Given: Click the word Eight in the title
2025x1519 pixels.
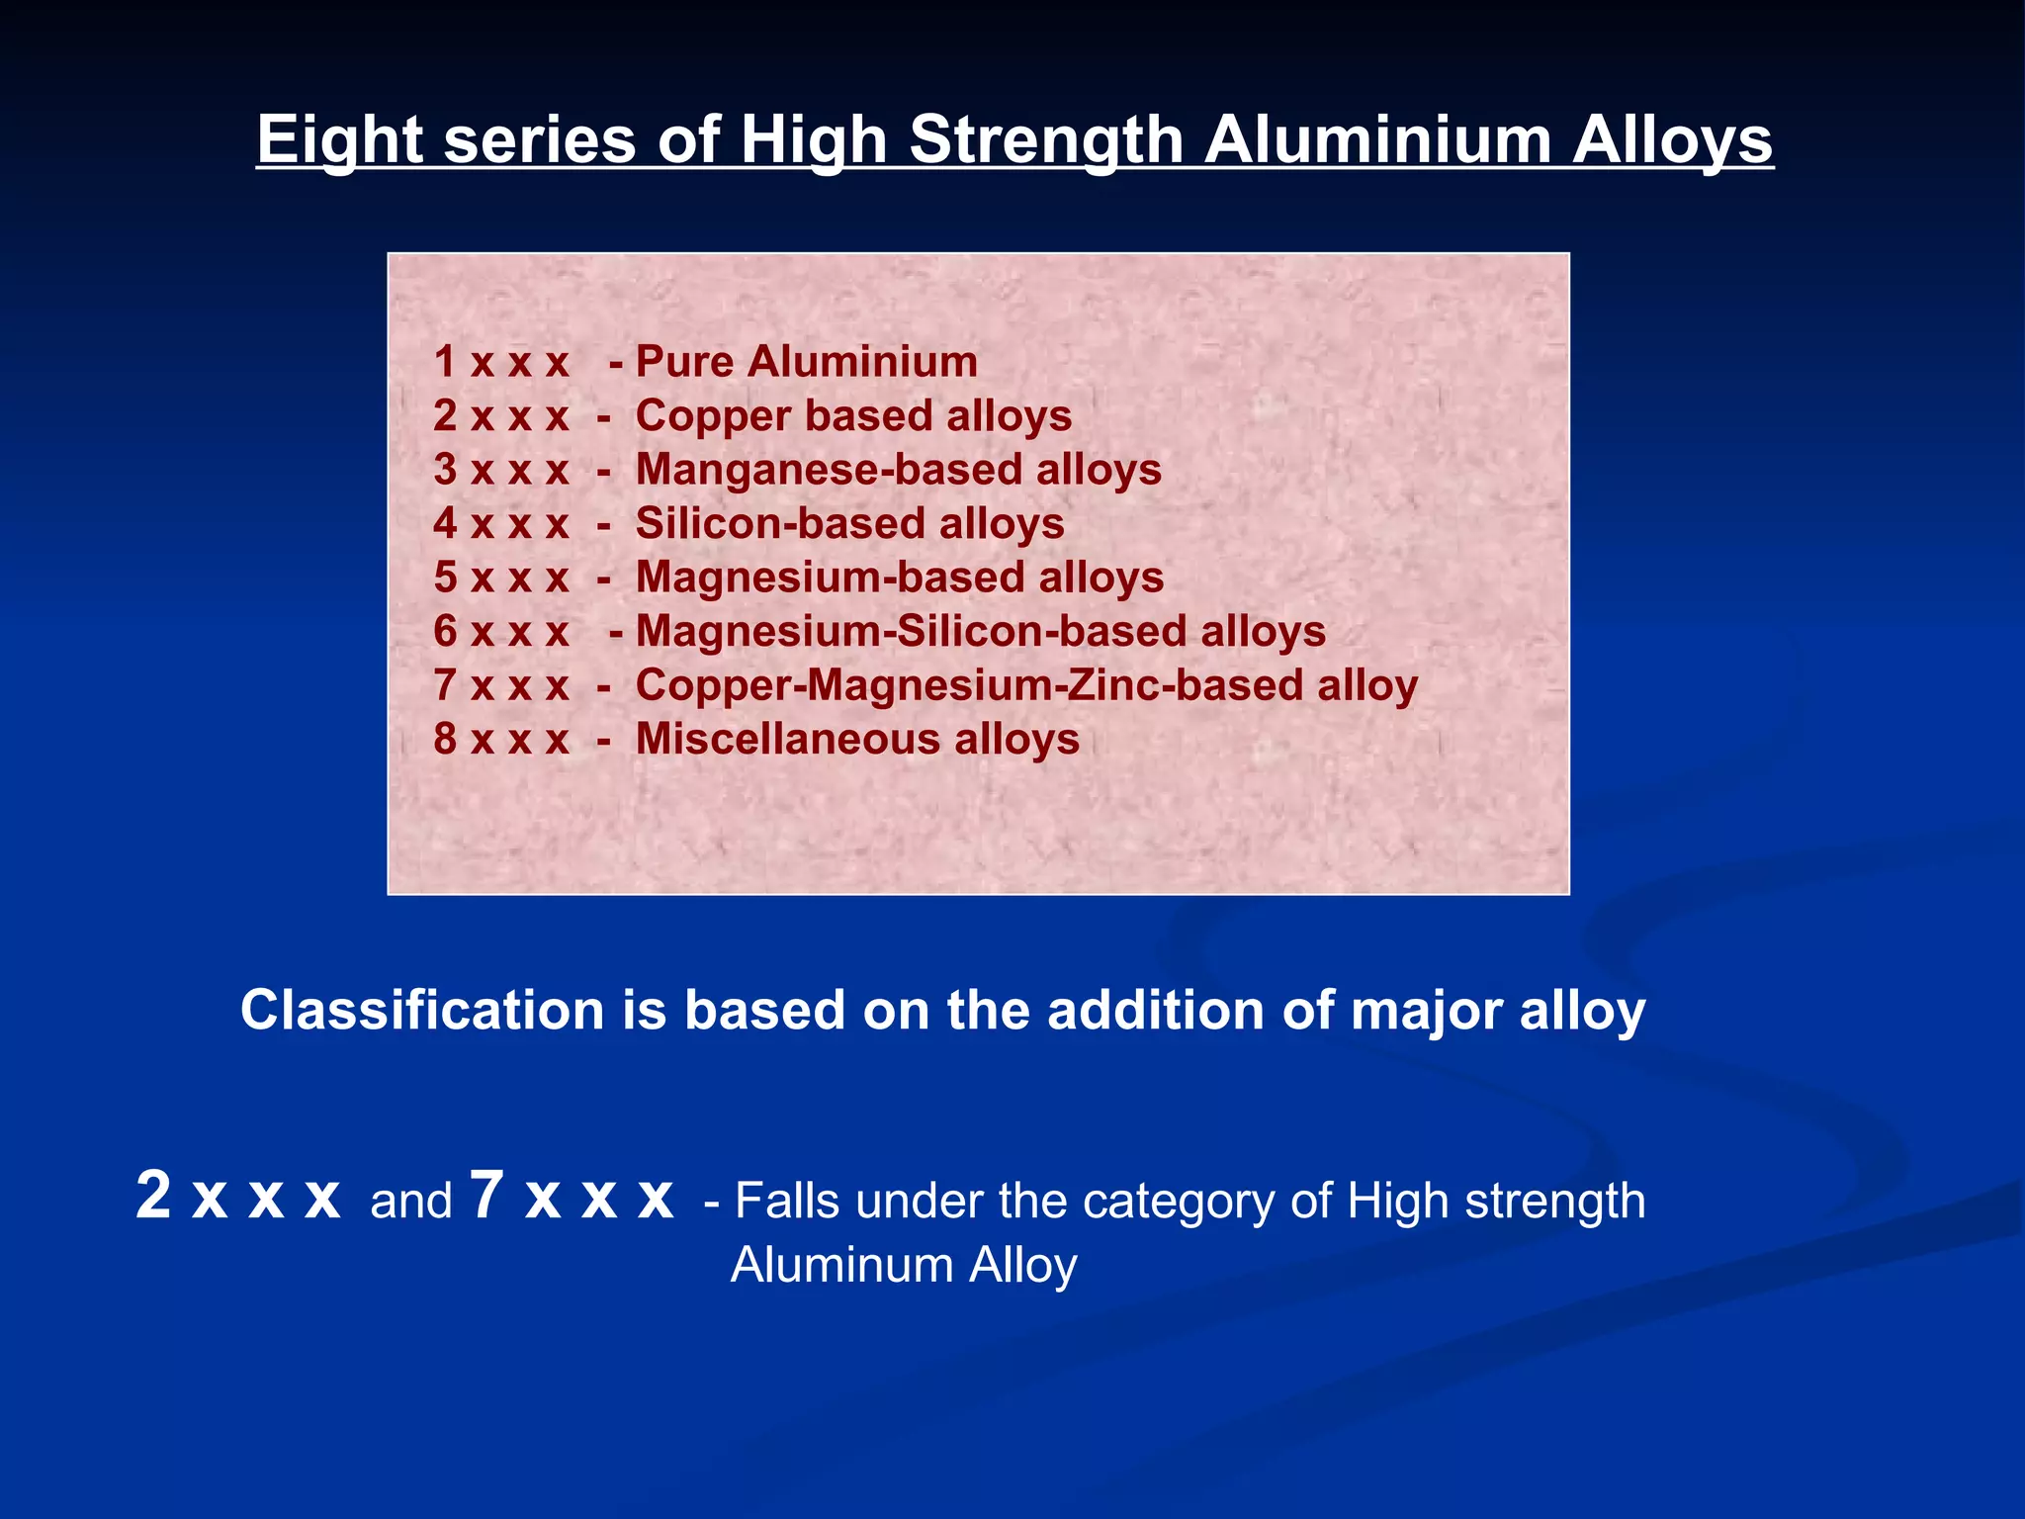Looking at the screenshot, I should pos(339,139).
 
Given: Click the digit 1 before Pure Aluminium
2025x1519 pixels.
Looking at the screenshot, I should pos(445,361).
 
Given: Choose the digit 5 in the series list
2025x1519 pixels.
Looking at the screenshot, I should pos(445,577).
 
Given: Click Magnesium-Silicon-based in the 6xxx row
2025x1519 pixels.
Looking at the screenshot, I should pos(911,631).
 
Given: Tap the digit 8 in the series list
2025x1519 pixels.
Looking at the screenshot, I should pos(445,739).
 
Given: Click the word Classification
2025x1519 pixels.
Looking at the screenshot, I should pos(422,1011).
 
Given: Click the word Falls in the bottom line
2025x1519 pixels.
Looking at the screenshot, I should pos(788,1202).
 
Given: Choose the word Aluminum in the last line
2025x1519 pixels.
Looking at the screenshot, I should pos(841,1265).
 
